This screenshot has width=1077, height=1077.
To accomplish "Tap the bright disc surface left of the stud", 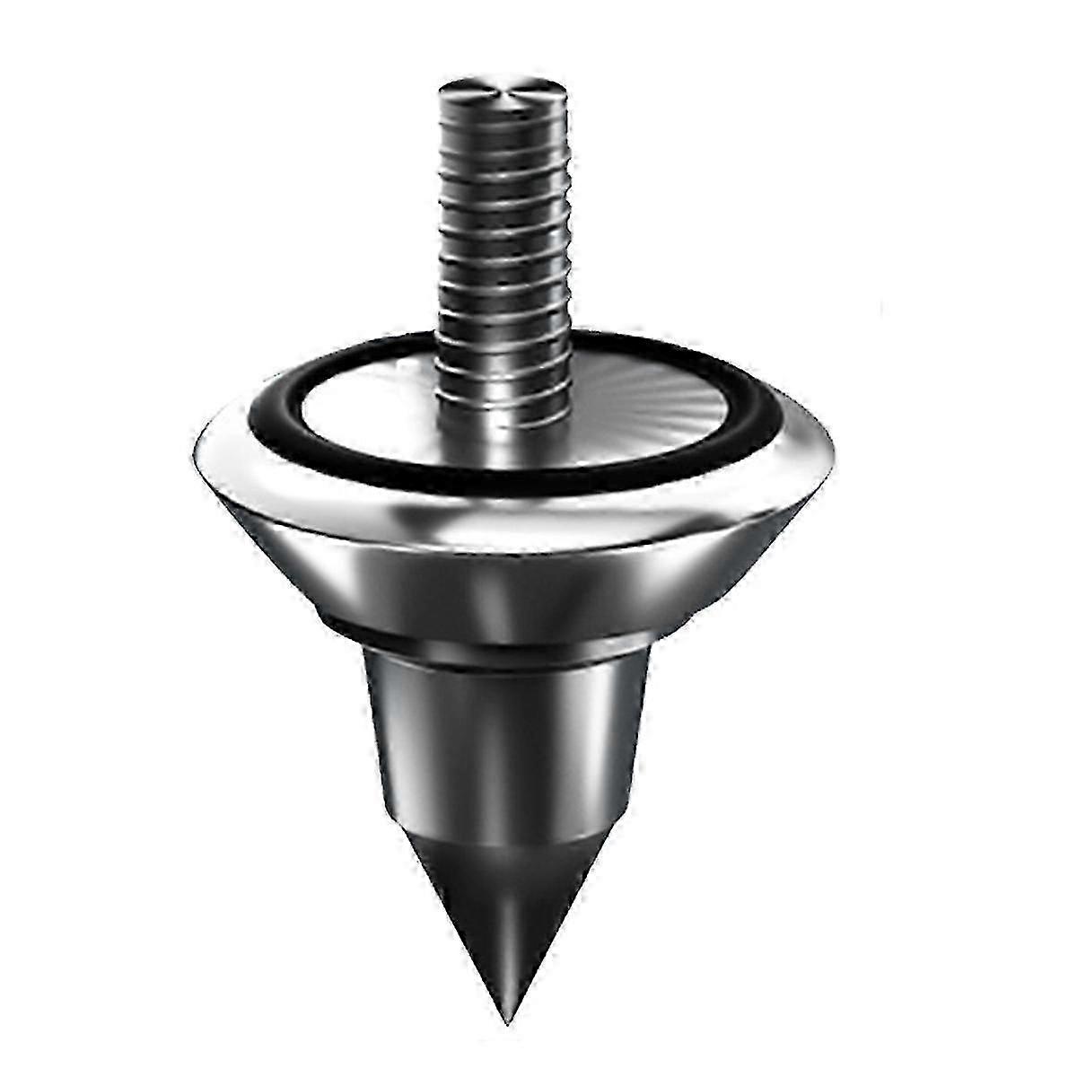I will coord(359,395).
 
